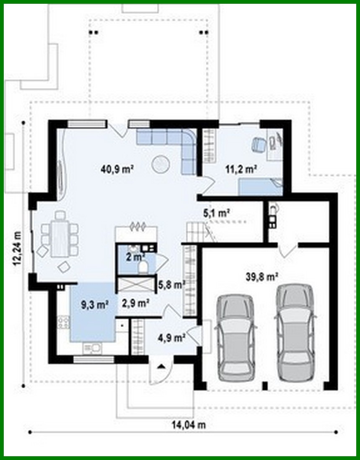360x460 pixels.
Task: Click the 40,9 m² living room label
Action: (117, 169)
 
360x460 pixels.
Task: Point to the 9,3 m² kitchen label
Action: (93, 305)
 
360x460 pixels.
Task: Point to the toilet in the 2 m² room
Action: (143, 266)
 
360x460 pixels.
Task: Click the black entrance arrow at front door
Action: (161, 366)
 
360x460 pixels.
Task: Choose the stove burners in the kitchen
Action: (64, 322)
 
